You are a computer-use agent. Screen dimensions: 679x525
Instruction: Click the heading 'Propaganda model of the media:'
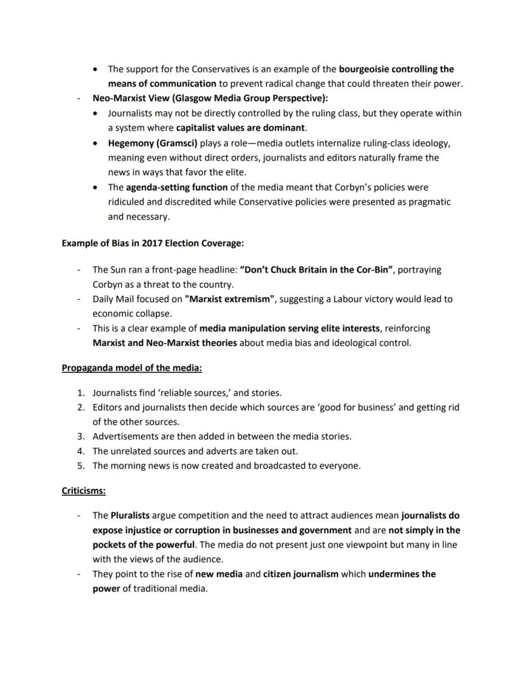coord(132,368)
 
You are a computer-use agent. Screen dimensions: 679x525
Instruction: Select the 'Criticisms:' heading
coord(84,491)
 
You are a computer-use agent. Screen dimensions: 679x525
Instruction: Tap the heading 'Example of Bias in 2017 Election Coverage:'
coord(153,243)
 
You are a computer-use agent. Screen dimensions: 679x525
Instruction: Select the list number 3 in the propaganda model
coord(81,436)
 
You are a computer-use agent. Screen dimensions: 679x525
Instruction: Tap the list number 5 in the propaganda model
coord(81,465)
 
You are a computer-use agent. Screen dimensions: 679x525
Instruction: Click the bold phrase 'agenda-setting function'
coord(167,187)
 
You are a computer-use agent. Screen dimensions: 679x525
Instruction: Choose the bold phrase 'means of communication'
coord(162,84)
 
